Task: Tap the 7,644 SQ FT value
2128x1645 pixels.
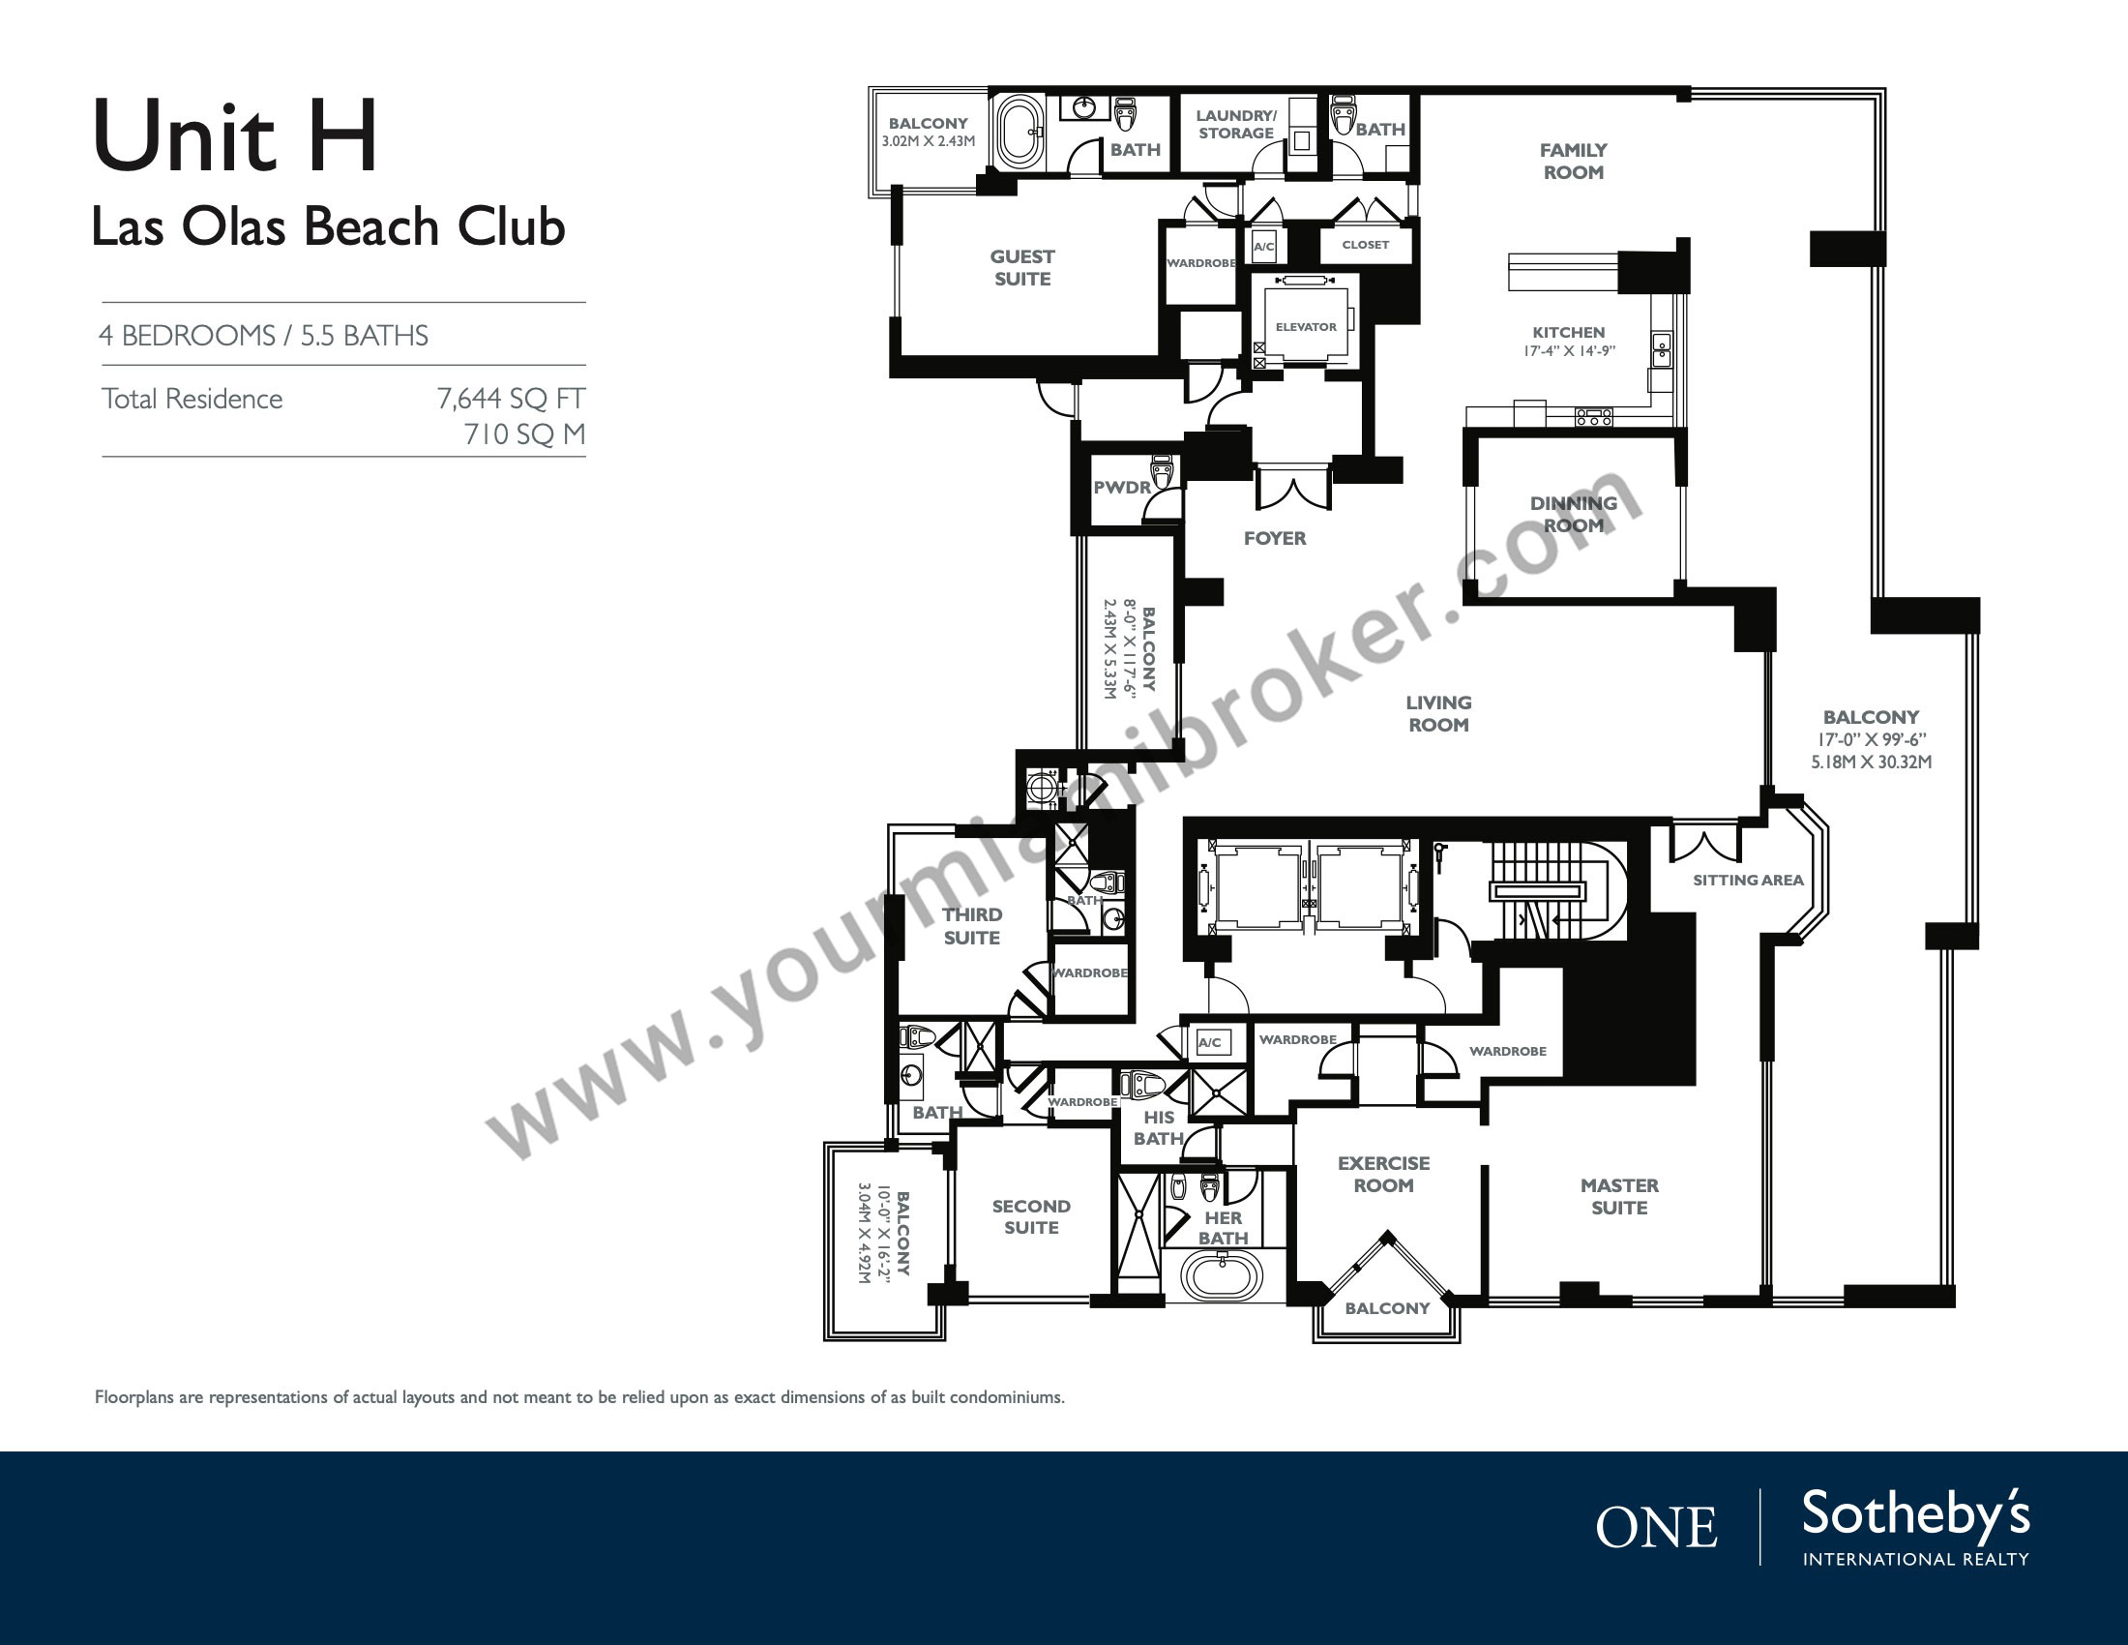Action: tap(511, 399)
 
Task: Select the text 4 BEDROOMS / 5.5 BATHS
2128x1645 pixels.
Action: tap(263, 335)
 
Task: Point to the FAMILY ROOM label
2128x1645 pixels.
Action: tap(1573, 162)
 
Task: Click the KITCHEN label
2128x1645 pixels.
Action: tap(1569, 332)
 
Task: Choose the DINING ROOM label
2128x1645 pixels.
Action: tap(1573, 514)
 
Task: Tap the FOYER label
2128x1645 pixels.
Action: tap(1275, 538)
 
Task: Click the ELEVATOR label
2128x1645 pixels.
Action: tap(1306, 326)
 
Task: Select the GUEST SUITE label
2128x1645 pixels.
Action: tap(1022, 268)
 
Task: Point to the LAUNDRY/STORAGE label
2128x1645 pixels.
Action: tap(1235, 125)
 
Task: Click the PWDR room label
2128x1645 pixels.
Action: tap(1121, 488)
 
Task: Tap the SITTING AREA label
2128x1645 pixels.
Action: tap(1748, 880)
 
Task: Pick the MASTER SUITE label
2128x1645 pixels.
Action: tap(1619, 1197)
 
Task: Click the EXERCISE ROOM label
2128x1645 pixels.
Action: tap(1383, 1175)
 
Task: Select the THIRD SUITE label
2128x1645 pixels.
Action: tap(971, 926)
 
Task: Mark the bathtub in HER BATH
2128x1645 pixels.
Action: tap(1222, 1275)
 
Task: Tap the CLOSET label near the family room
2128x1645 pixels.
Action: tap(1365, 245)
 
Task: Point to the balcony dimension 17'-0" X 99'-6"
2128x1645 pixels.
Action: tap(1871, 740)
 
